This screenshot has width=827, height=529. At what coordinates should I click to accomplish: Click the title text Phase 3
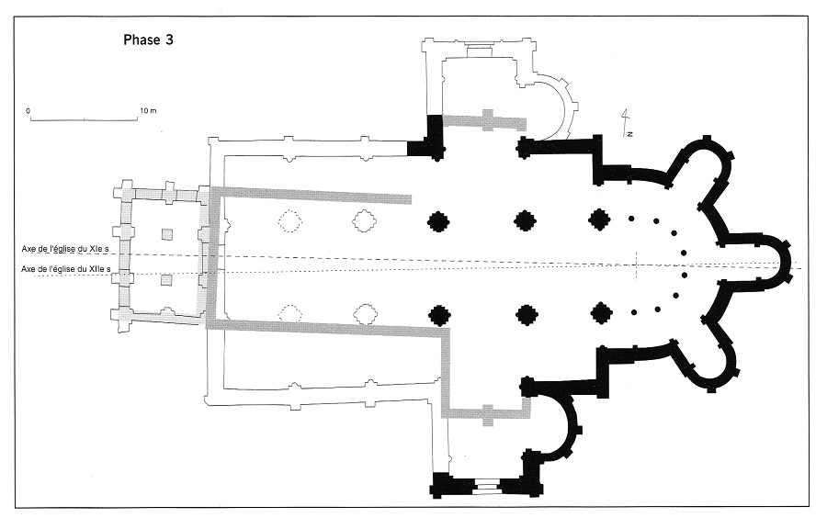point(149,40)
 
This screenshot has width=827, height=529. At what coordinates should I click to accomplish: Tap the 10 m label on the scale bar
point(148,110)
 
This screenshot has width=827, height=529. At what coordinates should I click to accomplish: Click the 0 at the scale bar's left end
point(28,110)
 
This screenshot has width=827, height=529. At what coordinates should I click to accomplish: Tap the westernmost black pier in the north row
point(438,220)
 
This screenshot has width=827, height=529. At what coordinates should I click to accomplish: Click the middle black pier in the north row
point(526,220)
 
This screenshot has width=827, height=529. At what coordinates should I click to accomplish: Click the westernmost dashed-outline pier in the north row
point(290,221)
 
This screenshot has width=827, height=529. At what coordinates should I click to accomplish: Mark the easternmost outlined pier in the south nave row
point(367,314)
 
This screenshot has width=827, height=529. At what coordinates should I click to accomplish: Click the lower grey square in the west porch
point(166,280)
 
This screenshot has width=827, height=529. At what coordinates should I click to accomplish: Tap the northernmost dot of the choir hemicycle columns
point(632,219)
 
